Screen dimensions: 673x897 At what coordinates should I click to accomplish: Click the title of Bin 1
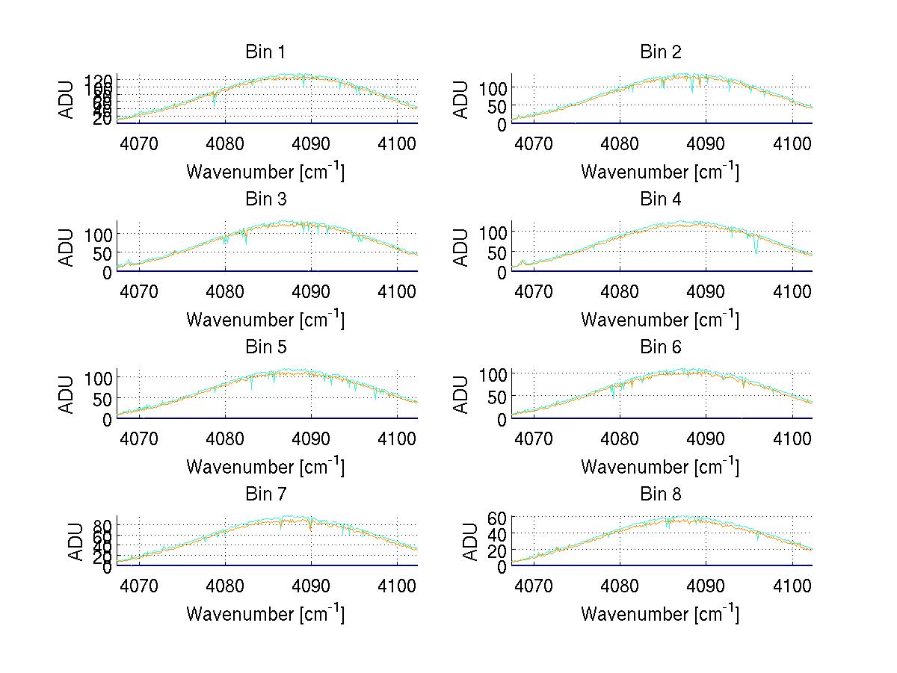pyautogui.click(x=265, y=52)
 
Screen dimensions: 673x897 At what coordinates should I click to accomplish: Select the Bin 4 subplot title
pyautogui.click(x=661, y=199)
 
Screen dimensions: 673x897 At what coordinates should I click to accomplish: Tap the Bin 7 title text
pyautogui.click(x=265, y=494)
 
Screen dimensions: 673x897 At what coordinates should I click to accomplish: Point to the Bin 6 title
pyautogui.click(x=661, y=347)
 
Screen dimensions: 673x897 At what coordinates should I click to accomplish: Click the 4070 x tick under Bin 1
pyautogui.click(x=139, y=143)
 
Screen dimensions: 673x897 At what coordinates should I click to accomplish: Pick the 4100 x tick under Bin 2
pyautogui.click(x=792, y=143)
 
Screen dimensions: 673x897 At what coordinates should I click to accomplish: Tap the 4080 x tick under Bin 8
pyautogui.click(x=620, y=585)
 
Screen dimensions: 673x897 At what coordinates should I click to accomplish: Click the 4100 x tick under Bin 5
pyautogui.click(x=397, y=438)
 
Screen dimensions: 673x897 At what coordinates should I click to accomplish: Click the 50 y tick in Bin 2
pyautogui.click(x=493, y=106)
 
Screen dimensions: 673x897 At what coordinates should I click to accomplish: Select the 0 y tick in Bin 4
pyautogui.click(x=502, y=273)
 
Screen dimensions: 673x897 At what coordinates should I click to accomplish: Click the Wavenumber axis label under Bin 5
pyautogui.click(x=265, y=468)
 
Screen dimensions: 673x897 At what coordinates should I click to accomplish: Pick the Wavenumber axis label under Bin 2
pyautogui.click(x=661, y=173)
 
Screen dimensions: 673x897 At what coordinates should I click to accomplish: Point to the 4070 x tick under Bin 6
pyautogui.click(x=534, y=438)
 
